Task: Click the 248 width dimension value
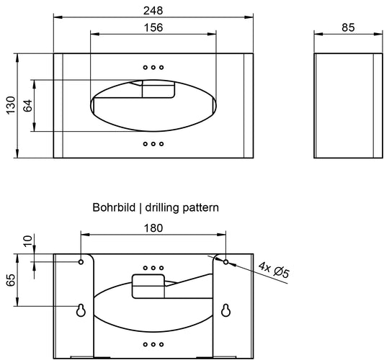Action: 153,11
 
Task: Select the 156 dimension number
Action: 153,27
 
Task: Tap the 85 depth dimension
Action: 348,27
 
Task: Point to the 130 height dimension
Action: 11,105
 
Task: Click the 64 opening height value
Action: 28,105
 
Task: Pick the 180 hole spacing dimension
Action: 153,228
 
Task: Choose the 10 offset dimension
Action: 28,240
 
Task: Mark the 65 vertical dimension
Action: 11,280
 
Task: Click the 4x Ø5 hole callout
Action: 274,269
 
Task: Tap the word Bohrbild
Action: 114,207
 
